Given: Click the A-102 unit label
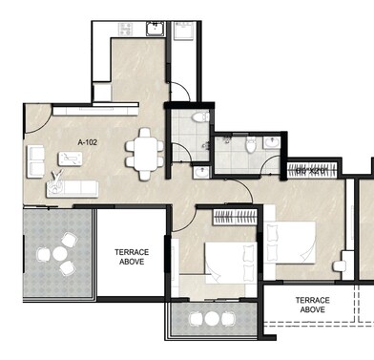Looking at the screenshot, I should point(89,143).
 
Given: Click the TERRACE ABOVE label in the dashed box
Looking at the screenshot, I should point(313,306).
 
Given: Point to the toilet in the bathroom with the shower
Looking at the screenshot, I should point(250,144).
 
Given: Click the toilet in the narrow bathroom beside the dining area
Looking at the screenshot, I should point(199,116).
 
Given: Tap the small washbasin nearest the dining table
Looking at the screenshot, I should point(201,171).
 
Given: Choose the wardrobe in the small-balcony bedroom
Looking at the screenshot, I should point(235,213).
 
